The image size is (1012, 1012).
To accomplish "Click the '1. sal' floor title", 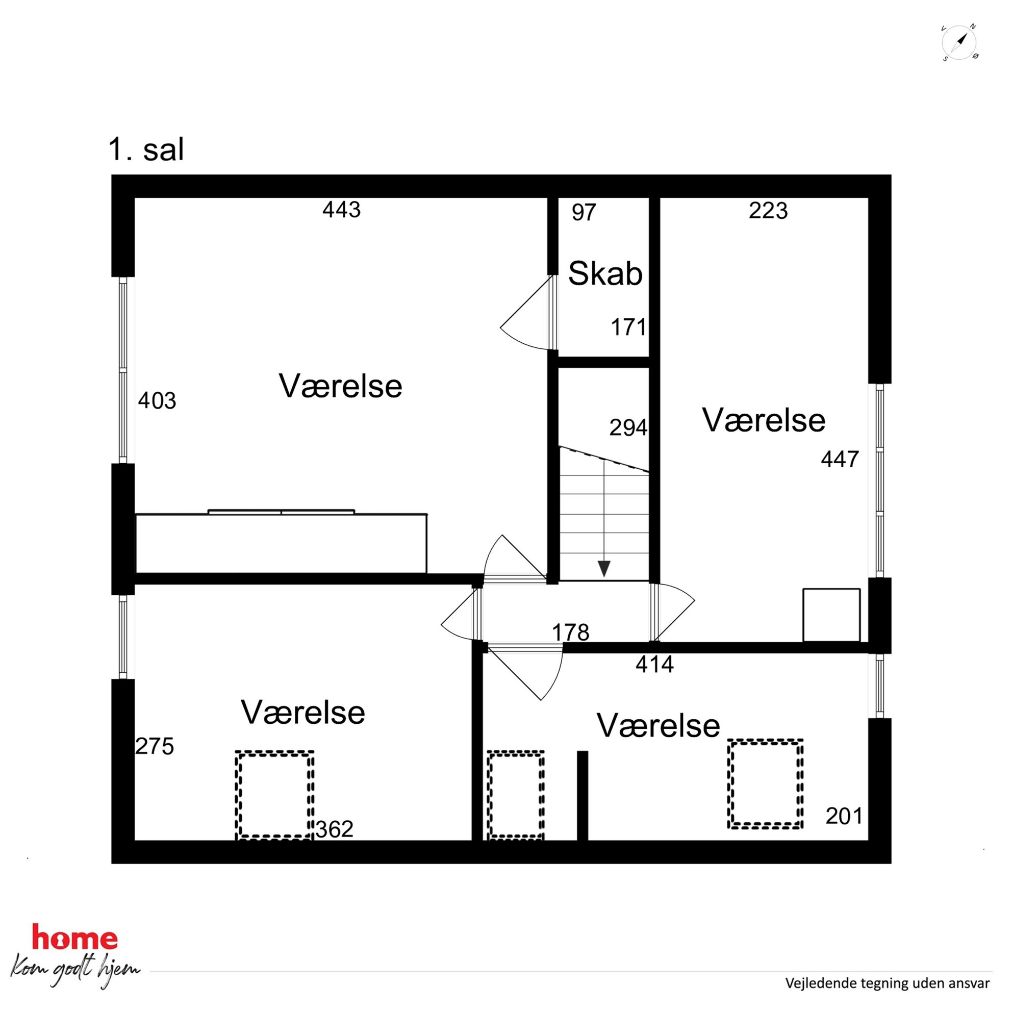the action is point(146,150).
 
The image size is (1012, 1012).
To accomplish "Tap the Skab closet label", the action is point(605,273).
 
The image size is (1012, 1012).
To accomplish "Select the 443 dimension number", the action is point(342,210).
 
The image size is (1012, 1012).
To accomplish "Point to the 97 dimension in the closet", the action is point(584,212).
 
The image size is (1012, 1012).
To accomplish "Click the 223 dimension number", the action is point(768,211).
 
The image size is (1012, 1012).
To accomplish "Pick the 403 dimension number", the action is point(157,401).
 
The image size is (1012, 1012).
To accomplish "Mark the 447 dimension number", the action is point(840,459).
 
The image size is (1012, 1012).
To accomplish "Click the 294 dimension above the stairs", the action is point(628,427).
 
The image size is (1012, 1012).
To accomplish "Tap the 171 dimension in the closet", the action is point(628,327).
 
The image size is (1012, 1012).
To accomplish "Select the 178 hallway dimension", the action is point(570,632).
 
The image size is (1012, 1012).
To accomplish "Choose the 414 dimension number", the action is point(655,664).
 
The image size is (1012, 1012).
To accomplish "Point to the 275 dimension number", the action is point(155,746).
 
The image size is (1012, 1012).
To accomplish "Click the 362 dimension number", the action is point(334,829).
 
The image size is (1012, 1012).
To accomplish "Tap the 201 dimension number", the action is point(844,816).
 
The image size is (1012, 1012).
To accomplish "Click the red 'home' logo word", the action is point(75,937).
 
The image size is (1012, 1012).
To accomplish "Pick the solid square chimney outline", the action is point(831,615).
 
